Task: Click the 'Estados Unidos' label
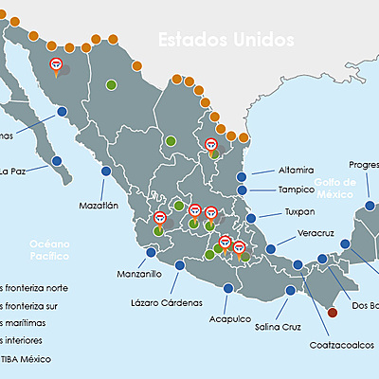tap(225, 40)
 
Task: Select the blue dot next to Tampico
tap(244, 190)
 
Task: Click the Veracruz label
tap(313, 232)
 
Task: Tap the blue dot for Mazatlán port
tap(105, 171)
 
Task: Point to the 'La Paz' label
tap(12, 171)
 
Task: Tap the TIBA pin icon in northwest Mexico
tap(57, 65)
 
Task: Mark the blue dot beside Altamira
tap(242, 175)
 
